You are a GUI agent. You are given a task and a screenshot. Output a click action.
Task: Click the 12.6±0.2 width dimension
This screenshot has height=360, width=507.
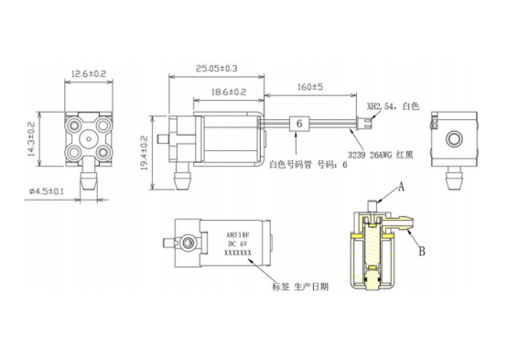click(89, 74)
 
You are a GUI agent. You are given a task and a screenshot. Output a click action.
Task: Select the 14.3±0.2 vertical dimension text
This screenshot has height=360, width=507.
click(32, 139)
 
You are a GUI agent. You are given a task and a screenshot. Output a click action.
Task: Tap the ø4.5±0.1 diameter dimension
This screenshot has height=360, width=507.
click(47, 191)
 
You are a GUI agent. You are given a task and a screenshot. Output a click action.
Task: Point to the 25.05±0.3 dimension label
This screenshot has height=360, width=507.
click(216, 69)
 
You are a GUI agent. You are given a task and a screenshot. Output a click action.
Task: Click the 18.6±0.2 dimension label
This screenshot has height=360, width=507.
click(229, 92)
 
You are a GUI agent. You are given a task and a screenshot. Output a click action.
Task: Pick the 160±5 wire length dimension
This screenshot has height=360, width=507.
click(310, 87)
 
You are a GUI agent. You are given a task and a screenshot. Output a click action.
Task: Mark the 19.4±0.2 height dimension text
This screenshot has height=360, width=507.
click(145, 153)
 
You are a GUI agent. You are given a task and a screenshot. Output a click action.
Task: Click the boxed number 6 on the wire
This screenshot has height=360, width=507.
click(299, 124)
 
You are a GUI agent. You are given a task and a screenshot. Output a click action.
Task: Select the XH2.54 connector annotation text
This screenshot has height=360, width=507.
click(393, 106)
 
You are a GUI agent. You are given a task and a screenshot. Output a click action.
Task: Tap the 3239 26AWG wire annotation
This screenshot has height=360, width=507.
click(381, 155)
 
